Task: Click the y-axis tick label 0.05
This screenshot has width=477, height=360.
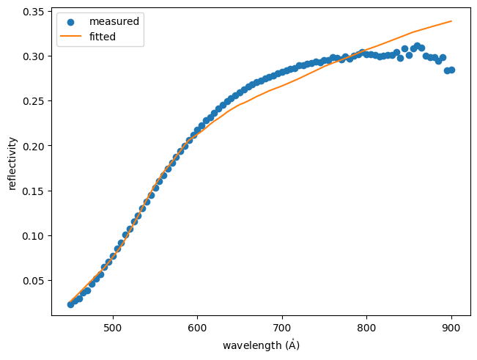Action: coord(33,281)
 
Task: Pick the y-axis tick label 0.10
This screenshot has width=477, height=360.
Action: coord(33,236)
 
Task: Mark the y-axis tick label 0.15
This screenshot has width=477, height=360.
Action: coord(33,191)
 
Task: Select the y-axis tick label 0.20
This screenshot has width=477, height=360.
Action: coord(33,146)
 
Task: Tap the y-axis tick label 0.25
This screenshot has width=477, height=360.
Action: coord(33,101)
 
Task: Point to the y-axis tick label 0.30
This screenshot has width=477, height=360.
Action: coord(33,56)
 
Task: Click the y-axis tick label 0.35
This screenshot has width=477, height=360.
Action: coord(33,12)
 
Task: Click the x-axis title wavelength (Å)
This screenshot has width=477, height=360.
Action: coord(261,345)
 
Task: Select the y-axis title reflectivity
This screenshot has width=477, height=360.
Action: coord(12,162)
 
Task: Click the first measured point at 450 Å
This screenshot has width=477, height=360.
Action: coord(70,304)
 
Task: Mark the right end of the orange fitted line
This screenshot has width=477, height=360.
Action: coord(451,21)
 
